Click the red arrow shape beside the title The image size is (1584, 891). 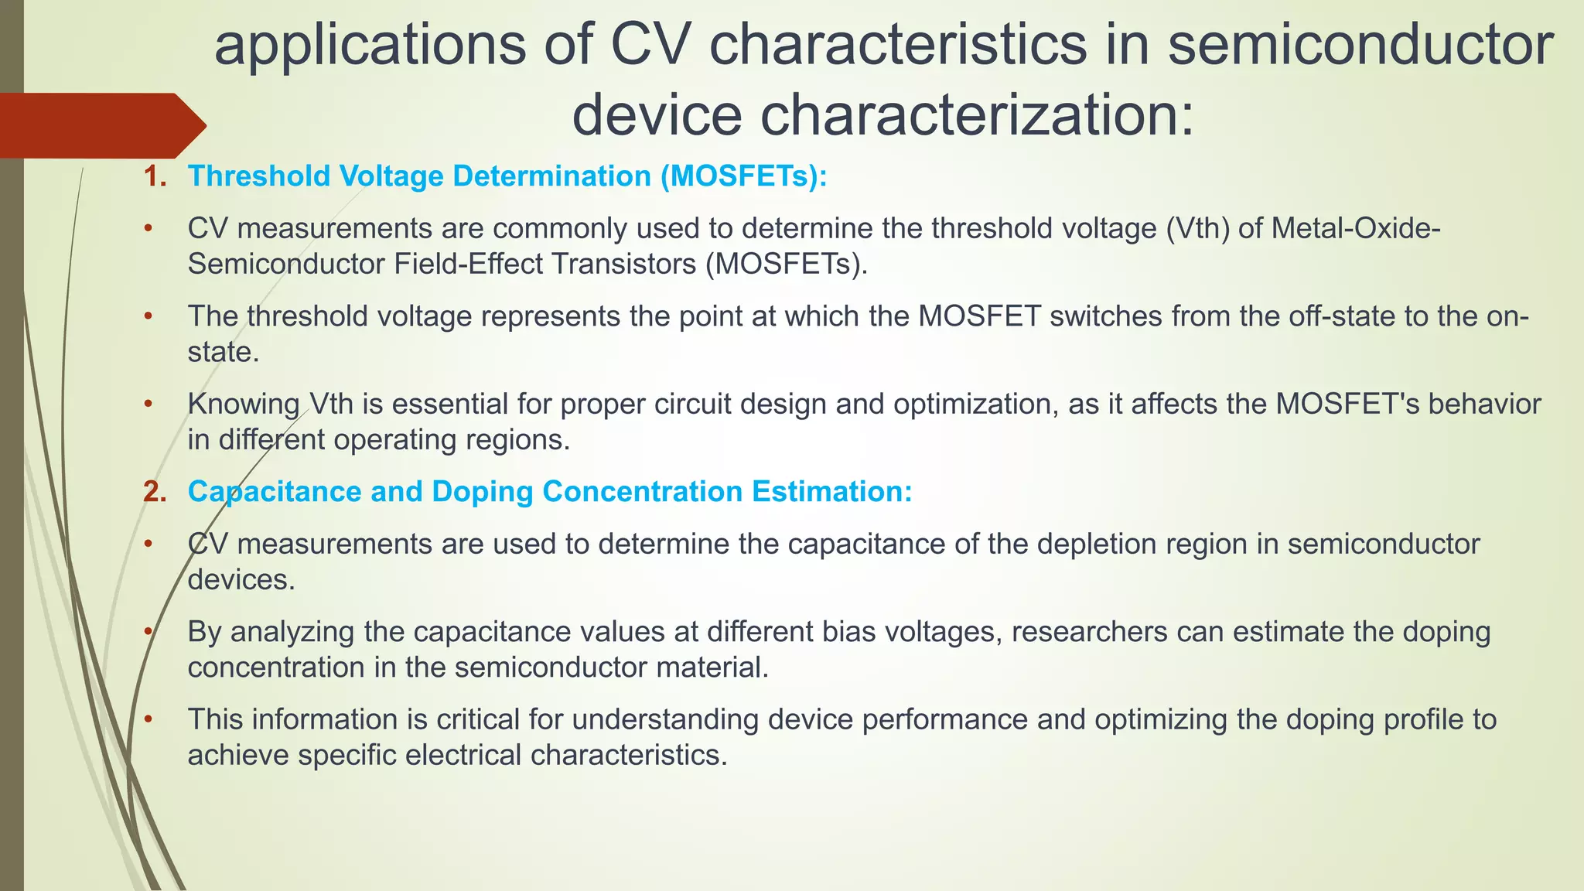101,125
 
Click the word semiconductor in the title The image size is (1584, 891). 1360,45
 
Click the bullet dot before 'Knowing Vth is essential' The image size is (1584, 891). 148,404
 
